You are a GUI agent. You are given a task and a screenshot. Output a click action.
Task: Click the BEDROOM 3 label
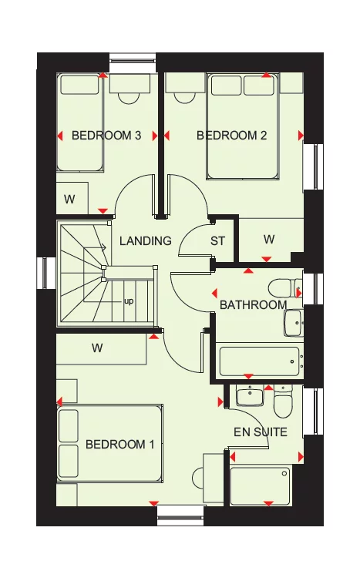click(106, 136)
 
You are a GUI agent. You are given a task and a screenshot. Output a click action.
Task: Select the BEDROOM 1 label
click(120, 444)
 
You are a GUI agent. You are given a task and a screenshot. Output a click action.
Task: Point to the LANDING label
click(145, 240)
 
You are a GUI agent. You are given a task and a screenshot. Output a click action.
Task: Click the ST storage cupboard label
click(218, 241)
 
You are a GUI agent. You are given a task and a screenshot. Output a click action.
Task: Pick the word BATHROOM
click(253, 305)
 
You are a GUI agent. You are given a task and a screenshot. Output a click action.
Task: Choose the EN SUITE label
click(261, 432)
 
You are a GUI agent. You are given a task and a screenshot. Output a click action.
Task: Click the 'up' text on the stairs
click(129, 301)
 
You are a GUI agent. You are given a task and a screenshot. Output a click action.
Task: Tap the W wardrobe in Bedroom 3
click(69, 200)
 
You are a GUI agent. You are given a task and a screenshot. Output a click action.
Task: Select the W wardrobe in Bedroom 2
click(268, 240)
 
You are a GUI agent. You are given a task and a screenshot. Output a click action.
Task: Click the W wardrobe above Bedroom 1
click(97, 348)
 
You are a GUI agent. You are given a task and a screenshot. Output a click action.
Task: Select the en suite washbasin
click(249, 396)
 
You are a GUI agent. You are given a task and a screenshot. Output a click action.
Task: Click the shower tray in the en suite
click(261, 485)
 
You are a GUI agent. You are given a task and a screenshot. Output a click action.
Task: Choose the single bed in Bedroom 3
click(81, 123)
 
